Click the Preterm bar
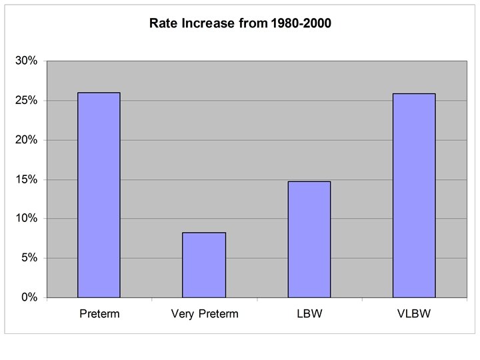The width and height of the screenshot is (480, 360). (x=99, y=195)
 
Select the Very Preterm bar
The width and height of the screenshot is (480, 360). (x=204, y=265)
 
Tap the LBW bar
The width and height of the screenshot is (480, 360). (x=309, y=239)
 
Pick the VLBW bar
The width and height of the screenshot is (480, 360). (x=414, y=195)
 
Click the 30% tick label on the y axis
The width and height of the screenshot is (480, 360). (x=26, y=61)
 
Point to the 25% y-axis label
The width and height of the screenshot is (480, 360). (x=26, y=100)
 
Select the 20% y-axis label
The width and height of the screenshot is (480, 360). (x=26, y=139)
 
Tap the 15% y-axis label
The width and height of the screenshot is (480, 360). (x=26, y=179)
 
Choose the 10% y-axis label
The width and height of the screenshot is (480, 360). (x=26, y=218)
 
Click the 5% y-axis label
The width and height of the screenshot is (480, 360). (x=29, y=258)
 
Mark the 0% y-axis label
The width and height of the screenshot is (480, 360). (x=29, y=297)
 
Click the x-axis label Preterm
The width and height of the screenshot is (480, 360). (x=99, y=314)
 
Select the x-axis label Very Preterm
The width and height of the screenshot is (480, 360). (x=205, y=315)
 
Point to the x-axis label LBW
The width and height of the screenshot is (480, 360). (x=309, y=314)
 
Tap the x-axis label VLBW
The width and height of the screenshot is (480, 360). (x=414, y=314)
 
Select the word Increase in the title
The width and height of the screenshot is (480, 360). (x=208, y=23)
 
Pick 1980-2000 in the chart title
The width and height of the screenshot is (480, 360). (x=301, y=23)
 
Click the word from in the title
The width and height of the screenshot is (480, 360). (x=253, y=23)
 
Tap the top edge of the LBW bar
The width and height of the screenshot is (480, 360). (x=309, y=181)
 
